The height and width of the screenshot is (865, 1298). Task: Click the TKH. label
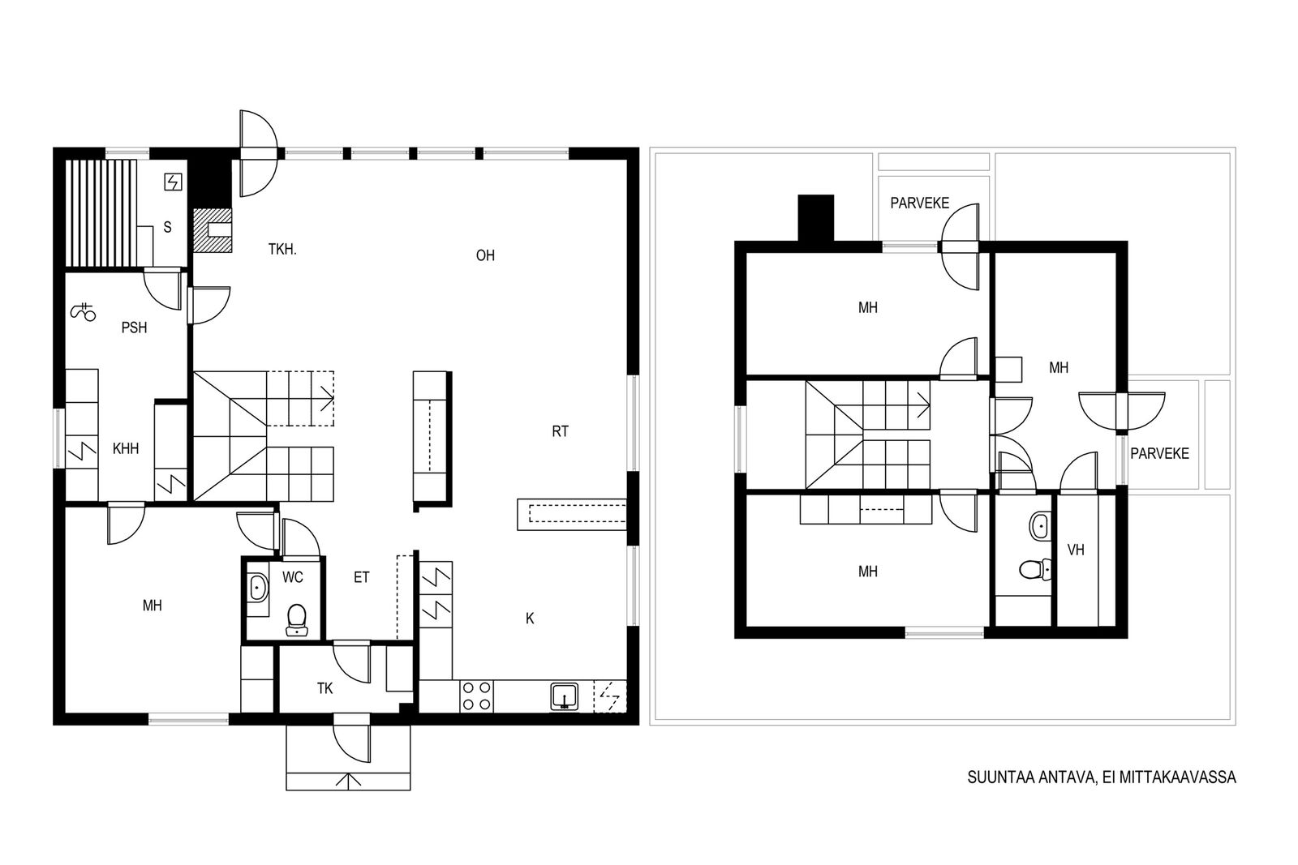(x=282, y=250)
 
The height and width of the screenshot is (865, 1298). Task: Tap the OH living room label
(x=485, y=255)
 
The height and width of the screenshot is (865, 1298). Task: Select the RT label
(x=560, y=431)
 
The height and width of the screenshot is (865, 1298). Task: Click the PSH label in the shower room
(x=134, y=328)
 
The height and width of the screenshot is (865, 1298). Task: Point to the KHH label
(x=126, y=448)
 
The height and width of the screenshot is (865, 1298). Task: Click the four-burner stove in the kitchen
(x=476, y=696)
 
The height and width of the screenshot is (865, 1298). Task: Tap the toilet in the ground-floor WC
(x=297, y=620)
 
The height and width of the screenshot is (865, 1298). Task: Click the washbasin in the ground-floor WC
(x=257, y=589)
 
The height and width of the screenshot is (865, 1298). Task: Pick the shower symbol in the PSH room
(x=83, y=311)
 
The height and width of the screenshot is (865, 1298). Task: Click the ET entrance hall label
(x=361, y=577)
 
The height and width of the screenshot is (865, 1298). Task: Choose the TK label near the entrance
(x=324, y=688)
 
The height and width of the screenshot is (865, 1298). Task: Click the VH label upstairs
(x=1076, y=550)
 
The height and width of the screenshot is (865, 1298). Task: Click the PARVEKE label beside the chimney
(x=920, y=203)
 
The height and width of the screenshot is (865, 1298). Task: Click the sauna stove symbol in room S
(x=174, y=182)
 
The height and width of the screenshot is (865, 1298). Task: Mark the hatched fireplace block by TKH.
(x=212, y=230)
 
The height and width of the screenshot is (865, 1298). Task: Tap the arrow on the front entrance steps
(x=348, y=781)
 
